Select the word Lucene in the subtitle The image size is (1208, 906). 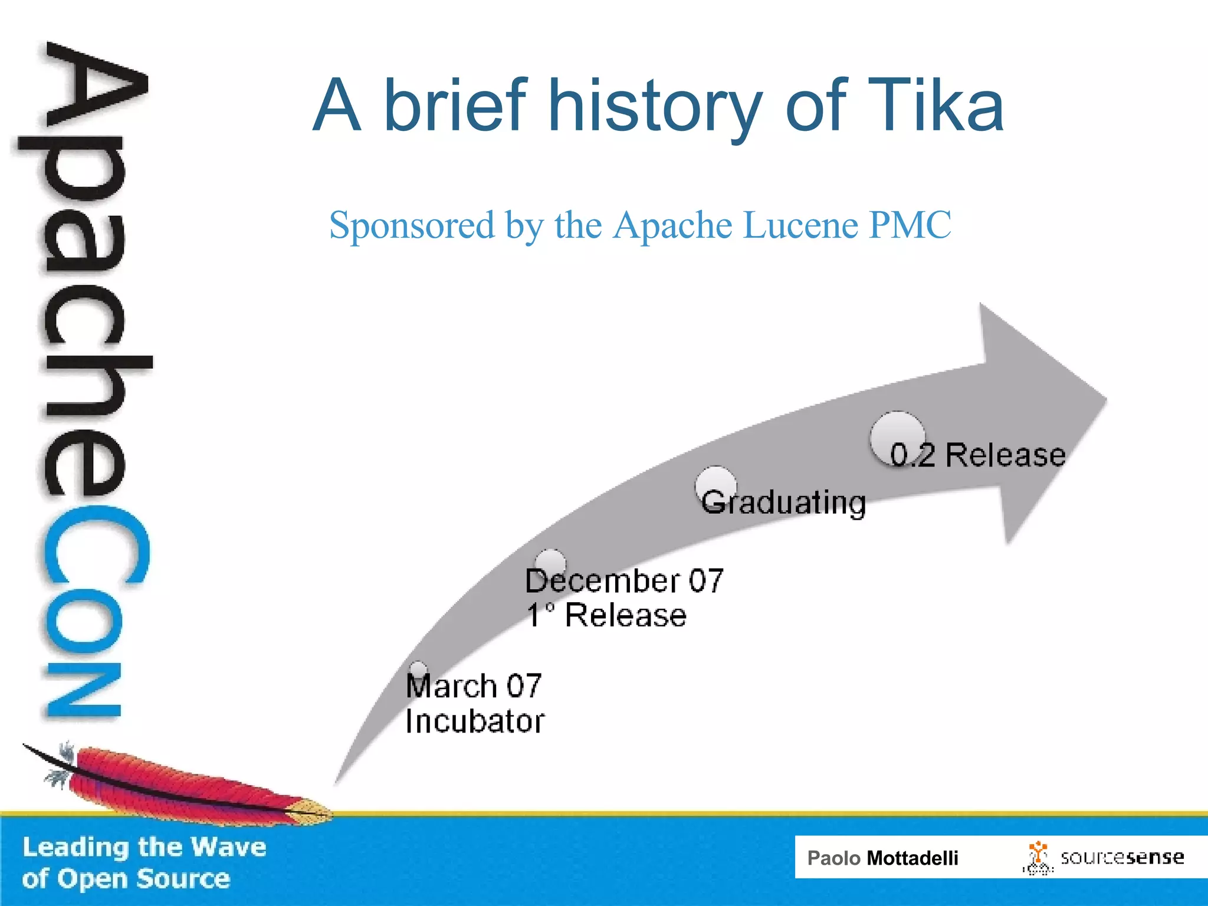tap(800, 225)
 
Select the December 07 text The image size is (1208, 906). tap(624, 581)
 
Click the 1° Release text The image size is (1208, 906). tap(606, 616)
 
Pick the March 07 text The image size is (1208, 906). tap(474, 687)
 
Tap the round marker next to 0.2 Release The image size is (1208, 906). tap(897, 436)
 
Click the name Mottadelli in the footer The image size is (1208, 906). tap(912, 858)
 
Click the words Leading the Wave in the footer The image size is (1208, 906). tap(145, 847)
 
